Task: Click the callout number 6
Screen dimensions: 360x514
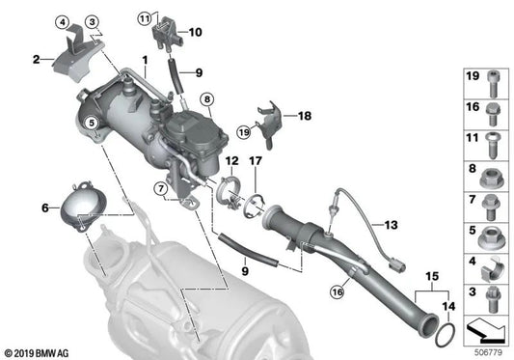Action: [x=44, y=208]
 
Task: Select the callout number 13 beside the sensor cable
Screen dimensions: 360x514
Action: [x=391, y=225]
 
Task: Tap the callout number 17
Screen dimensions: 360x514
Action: [x=257, y=160]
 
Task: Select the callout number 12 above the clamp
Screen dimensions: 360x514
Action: [x=231, y=160]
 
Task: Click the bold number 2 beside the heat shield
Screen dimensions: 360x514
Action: [x=37, y=60]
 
